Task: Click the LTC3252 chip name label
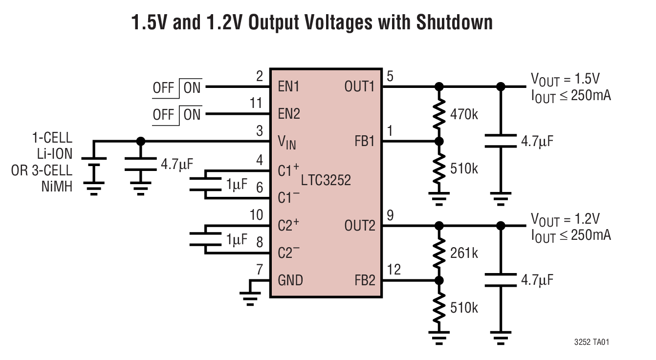(326, 181)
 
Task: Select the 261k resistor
(439, 253)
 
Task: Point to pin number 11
(256, 104)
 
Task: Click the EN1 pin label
(289, 87)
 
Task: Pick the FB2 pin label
(365, 280)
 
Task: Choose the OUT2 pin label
(360, 226)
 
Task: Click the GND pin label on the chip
(290, 280)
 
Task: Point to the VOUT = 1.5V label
(565, 79)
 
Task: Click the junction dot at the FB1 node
(439, 142)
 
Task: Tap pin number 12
(394, 270)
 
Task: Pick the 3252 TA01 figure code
(592, 342)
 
